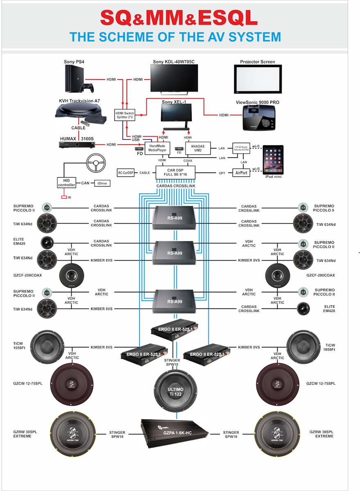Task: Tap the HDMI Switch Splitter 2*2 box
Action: pos(124,115)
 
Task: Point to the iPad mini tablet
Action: pos(273,160)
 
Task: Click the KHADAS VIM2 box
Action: pos(198,148)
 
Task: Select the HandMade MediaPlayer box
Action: pos(157,148)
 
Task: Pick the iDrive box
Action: pos(102,183)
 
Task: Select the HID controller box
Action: pos(66,182)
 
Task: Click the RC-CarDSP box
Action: pos(126,173)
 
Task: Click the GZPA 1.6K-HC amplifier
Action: pos(174,434)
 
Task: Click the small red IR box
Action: pos(63,197)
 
